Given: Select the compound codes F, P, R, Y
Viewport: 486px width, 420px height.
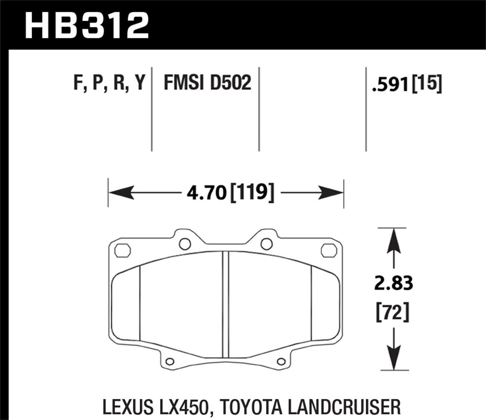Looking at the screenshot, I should point(109,83).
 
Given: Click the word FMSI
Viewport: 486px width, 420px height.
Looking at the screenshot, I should point(183,83).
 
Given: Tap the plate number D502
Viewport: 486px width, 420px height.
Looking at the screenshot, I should point(231,83).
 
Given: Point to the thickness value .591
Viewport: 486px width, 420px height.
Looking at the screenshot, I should point(391,85).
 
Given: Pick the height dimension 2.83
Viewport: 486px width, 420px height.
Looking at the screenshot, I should point(393,284).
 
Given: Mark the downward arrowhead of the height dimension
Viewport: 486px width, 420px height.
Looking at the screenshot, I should point(393,358).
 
